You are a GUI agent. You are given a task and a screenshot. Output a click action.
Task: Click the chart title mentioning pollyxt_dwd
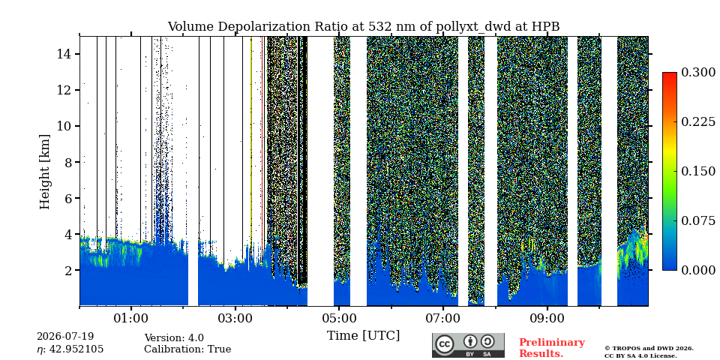363,27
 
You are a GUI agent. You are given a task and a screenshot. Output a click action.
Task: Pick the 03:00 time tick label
235,317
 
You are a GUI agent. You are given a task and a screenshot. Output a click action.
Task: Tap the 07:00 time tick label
443,317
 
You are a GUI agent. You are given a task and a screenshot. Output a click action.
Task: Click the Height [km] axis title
44,172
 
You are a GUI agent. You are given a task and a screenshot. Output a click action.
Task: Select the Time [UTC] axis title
363,336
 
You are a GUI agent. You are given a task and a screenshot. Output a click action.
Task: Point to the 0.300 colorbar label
698,73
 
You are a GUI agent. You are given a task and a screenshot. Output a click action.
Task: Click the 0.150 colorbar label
698,171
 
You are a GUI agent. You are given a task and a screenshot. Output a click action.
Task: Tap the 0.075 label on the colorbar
698,220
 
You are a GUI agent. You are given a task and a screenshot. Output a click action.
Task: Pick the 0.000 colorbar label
698,270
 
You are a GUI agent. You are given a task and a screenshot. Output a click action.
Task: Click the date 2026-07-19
65,337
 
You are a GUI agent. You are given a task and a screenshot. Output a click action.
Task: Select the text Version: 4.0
174,338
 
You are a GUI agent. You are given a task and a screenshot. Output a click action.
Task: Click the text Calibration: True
187,349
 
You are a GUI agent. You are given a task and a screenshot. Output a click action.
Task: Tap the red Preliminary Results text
552,348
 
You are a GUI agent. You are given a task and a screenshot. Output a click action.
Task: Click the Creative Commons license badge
468,345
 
